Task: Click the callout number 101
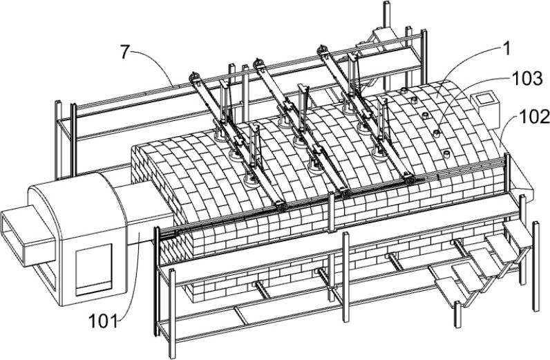tap(104, 320)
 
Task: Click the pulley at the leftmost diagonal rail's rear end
tap(194, 77)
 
